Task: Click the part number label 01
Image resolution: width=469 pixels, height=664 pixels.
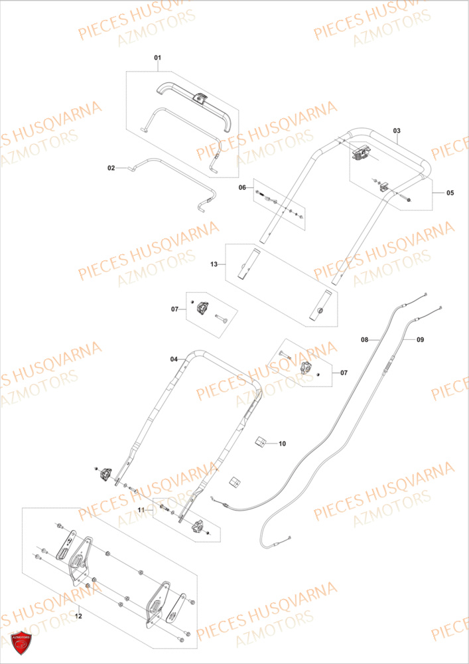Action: coord(158,58)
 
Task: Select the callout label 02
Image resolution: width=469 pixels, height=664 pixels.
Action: coord(111,168)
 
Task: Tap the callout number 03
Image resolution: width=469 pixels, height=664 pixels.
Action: coord(397,130)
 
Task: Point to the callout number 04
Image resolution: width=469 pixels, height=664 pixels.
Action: coord(174,359)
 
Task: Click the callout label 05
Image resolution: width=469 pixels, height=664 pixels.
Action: coord(450,193)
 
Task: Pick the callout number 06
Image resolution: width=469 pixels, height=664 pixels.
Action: coord(243,188)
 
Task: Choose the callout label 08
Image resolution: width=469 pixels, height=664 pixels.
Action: coord(364,339)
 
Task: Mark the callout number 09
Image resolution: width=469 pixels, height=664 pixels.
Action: coord(420,339)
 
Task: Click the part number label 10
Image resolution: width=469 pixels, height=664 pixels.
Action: coord(282,443)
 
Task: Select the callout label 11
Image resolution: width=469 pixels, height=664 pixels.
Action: coord(141,509)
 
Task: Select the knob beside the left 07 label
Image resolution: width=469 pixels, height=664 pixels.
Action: coord(202,308)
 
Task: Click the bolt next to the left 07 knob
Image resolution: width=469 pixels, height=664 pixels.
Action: coord(222,319)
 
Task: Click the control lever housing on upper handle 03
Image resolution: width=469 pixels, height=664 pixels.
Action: coord(358,155)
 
